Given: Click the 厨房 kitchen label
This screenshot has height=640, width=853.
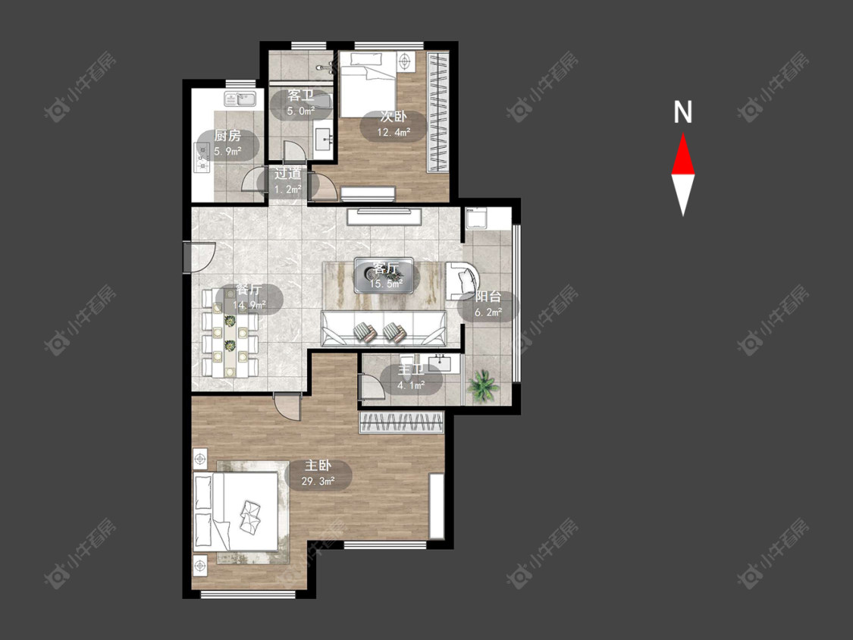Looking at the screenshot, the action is [227, 143].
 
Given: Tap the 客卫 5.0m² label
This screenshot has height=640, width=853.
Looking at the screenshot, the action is [301, 103].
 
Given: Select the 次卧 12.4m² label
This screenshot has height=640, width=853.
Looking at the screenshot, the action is [393, 124].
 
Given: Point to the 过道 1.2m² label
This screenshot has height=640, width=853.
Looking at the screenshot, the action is [288, 181].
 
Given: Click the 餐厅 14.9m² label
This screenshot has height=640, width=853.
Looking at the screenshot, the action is [249, 297].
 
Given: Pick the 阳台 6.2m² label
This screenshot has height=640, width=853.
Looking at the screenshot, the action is [488, 304].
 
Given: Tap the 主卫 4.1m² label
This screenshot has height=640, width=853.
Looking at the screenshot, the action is [411, 378].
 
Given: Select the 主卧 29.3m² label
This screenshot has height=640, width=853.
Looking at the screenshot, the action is [318, 473].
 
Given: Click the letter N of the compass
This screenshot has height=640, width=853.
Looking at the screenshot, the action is [682, 112].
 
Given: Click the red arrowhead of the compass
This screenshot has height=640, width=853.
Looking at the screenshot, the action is [682, 155].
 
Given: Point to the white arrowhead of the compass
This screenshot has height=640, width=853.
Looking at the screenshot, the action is [682, 193].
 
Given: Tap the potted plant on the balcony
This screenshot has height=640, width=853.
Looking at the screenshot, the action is [482, 386].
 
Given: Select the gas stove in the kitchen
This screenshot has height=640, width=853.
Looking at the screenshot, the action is [202, 157].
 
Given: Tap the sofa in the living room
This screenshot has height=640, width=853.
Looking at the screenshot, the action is [384, 328].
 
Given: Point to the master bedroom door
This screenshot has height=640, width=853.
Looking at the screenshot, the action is [287, 405].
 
